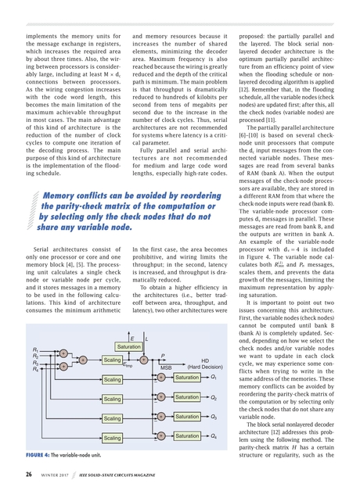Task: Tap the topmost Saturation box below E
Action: pos(128,345)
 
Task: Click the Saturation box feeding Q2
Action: pos(187,397)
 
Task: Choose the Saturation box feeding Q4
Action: pos(187,435)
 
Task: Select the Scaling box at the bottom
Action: pos(112,439)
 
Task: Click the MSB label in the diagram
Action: pos(167,367)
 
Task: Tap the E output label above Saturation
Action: pos(131,337)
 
